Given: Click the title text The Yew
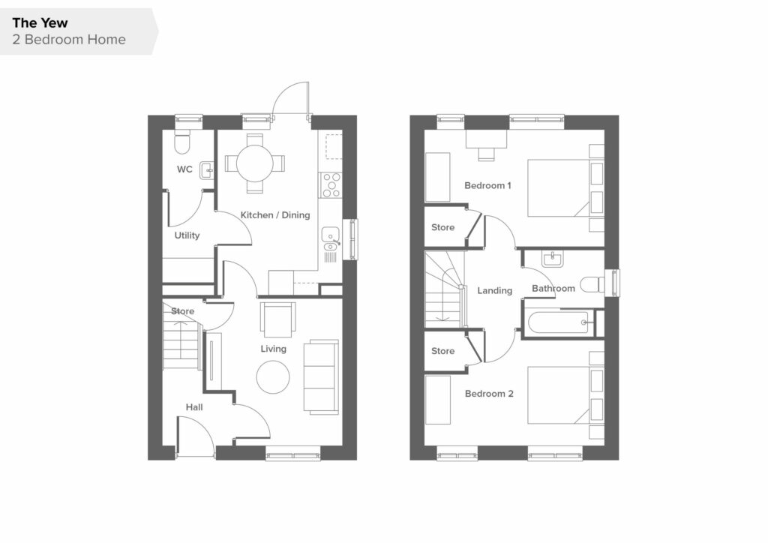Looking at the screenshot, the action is pos(40,23).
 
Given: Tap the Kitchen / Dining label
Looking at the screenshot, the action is pos(274,215).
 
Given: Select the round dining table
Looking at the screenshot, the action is pos(255,163).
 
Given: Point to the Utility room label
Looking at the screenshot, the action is pos(187,235).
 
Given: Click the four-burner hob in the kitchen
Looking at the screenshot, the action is pos(330,185).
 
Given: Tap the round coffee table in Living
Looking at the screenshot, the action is pos(273,377).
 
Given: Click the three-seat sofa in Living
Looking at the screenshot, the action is pos(321,377).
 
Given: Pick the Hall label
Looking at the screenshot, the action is pos(194,407).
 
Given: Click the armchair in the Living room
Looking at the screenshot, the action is pos(277,319).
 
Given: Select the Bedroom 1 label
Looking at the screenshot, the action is pos(487,185).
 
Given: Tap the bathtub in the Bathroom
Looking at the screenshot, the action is pos(559,322).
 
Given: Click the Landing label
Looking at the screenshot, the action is pos(495,290).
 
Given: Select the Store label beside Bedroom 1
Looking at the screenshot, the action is pos(442,227).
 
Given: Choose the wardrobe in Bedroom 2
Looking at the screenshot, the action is pos(438,400).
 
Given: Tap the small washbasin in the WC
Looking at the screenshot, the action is pos(207,171).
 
